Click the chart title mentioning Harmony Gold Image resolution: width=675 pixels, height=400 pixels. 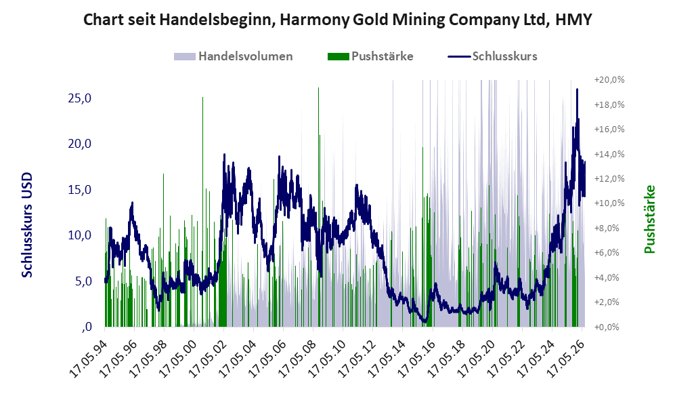pyautogui.click(x=337, y=20)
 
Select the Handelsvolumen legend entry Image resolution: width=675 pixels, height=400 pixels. pyautogui.click(x=234, y=56)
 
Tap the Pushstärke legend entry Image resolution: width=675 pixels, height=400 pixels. pyautogui.click(x=370, y=56)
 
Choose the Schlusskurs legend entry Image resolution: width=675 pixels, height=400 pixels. pyautogui.click(x=492, y=56)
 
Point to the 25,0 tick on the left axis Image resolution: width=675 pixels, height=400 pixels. pyautogui.click(x=80, y=98)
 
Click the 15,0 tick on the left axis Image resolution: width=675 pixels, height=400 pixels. pyautogui.click(x=80, y=190)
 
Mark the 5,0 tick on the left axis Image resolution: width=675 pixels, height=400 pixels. pyautogui.click(x=83, y=281)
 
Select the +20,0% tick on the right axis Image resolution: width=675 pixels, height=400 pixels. pyautogui.click(x=609, y=80)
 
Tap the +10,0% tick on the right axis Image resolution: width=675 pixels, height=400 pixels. pyautogui.click(x=609, y=203)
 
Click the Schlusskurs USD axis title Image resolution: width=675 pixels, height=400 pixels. pyautogui.click(x=26, y=224)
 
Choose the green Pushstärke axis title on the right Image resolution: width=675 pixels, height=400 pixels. pyautogui.click(x=649, y=219)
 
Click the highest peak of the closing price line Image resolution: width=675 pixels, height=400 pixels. pyautogui.click(x=577, y=89)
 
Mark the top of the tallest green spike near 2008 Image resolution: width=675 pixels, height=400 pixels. pyautogui.click(x=319, y=88)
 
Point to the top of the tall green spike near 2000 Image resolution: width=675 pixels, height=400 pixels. pyautogui.click(x=202, y=98)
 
